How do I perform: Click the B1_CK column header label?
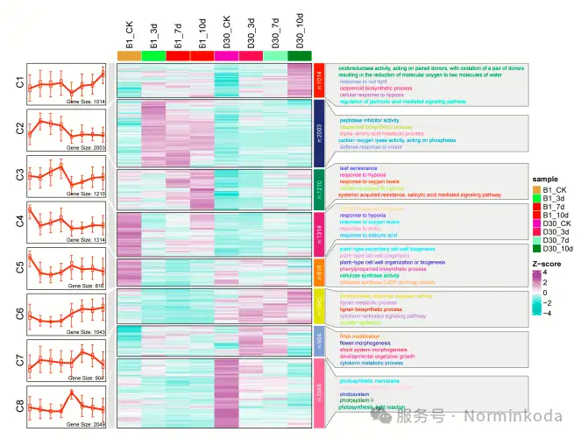pyautogui.click(x=130, y=35)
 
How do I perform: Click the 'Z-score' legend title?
pyautogui.click(x=548, y=262)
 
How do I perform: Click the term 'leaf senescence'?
pyautogui.click(x=358, y=167)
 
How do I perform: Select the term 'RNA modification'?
pyautogui.click(x=359, y=336)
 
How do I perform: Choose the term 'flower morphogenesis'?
pyautogui.click(x=365, y=343)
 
